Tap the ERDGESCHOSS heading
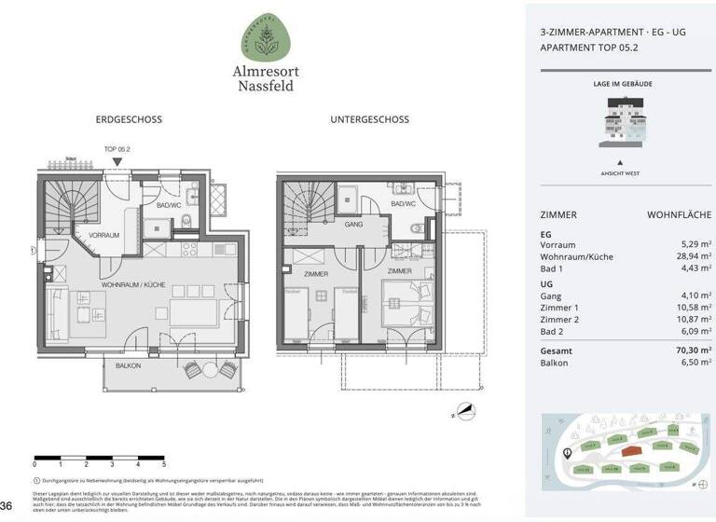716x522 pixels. (129, 119)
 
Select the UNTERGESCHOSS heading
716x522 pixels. (369, 119)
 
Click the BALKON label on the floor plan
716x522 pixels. (128, 366)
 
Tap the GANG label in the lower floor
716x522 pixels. (353, 225)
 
